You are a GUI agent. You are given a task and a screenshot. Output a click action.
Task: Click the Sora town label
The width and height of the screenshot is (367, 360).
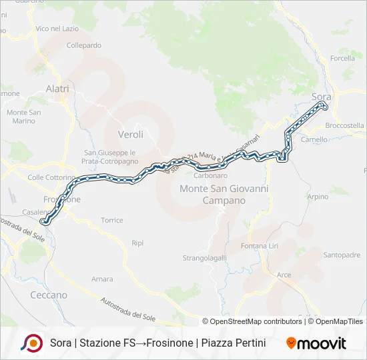tap(321, 97)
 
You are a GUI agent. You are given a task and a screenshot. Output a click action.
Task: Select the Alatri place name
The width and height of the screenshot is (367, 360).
tap(58, 88)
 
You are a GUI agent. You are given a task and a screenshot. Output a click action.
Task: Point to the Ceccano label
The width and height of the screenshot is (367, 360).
tap(49, 295)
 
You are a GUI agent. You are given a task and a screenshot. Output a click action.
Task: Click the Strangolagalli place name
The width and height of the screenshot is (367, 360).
tap(205, 257)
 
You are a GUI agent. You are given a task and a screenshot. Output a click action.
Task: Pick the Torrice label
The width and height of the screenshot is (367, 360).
tap(112, 220)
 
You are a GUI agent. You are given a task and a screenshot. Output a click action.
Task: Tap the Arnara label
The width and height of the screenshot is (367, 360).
tap(102, 279)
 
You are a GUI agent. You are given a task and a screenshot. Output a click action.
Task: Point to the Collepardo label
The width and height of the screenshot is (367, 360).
tap(84, 45)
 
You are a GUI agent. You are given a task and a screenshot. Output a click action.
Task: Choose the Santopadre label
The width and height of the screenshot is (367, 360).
tap(342, 255)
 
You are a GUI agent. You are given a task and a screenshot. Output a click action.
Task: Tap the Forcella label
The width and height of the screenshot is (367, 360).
tap(342, 58)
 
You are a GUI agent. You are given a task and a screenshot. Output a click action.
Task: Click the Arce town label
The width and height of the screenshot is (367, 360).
tap(284, 275)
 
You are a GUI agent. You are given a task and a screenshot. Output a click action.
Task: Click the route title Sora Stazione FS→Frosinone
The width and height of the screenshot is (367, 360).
tap(157, 343)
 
